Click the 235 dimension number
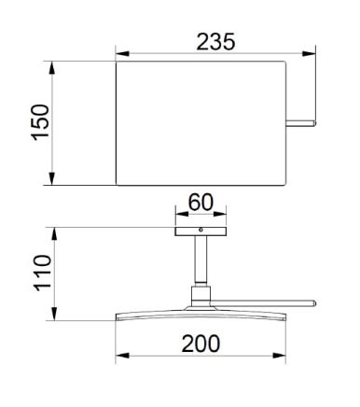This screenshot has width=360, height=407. click(215, 42)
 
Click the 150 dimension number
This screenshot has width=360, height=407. click(40, 122)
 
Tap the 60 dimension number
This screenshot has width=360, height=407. click(201, 203)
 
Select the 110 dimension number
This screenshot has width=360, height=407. click(43, 274)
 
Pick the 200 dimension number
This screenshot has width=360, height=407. click(201, 344)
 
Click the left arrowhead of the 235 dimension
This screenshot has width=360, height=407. click(122, 53)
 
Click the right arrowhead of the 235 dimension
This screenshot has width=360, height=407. click(309, 53)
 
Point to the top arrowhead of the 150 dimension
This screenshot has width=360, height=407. click(52, 68)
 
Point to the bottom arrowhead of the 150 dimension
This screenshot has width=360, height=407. click(52, 178)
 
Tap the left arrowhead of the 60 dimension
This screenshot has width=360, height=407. click(182, 214)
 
